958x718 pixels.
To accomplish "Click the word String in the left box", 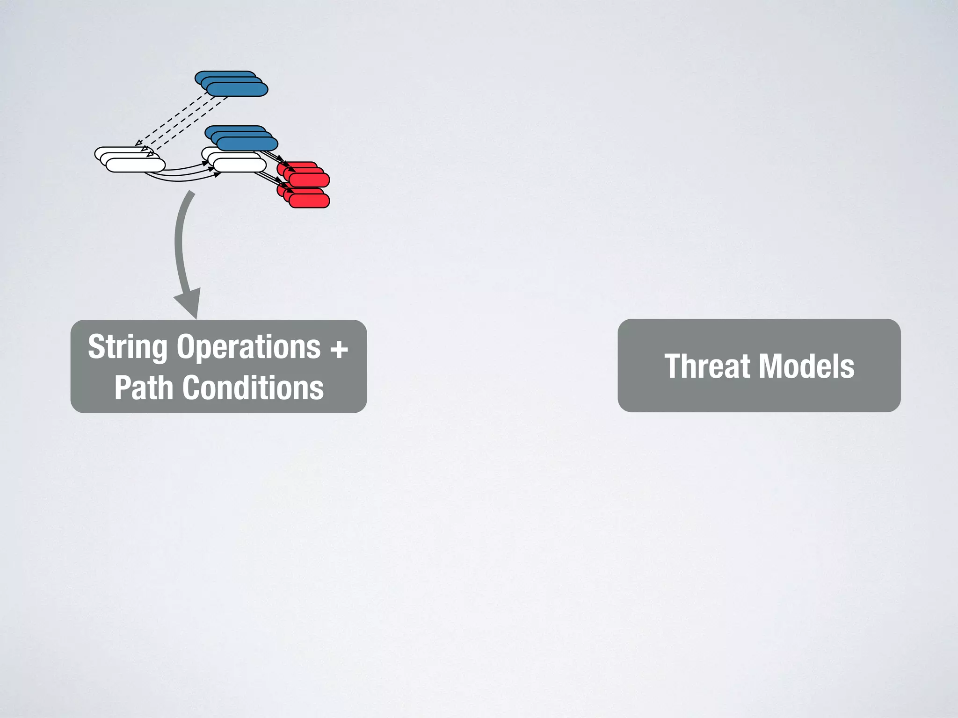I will (x=127, y=347).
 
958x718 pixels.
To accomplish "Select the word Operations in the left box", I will (x=248, y=347).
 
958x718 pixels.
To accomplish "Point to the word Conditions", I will (x=253, y=388).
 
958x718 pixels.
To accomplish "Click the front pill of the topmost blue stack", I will (x=237, y=89).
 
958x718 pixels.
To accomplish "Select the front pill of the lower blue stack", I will (x=247, y=144).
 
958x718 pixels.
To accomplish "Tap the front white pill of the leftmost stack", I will (x=136, y=165).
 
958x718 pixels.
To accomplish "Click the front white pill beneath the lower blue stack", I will (x=239, y=165).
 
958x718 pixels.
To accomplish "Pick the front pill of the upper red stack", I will (x=309, y=180).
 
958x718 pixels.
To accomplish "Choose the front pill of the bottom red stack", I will (x=309, y=201).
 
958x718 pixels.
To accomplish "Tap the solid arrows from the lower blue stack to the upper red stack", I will (x=274, y=156).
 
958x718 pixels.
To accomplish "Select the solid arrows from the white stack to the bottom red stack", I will (x=269, y=179).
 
